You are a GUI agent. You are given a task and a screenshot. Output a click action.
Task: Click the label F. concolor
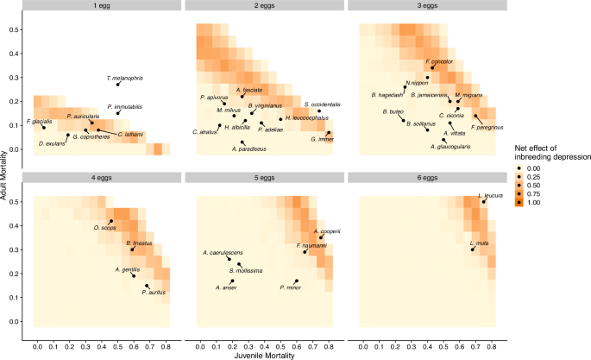[440, 62]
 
